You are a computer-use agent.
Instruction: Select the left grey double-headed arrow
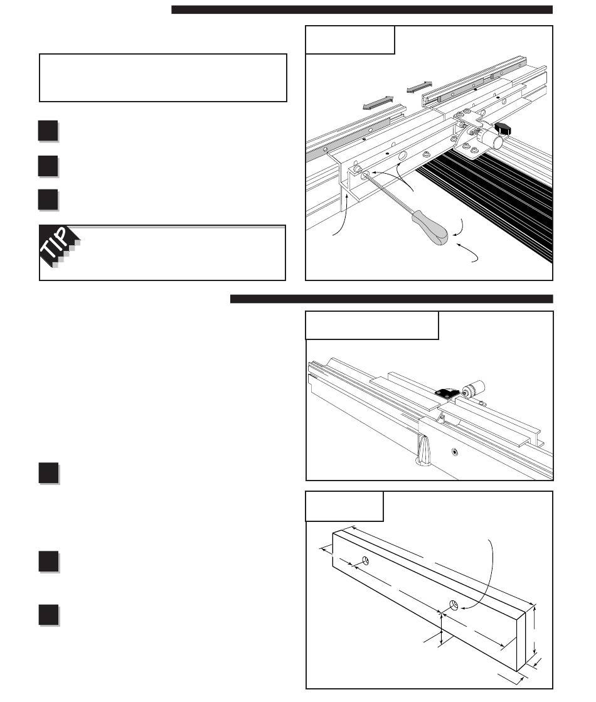coord(378,102)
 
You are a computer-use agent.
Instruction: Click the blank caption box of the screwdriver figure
coord(349,40)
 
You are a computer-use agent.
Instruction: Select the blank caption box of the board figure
coord(344,506)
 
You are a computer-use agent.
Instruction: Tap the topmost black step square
coord(48,131)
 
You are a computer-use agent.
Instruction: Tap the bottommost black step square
coord(48,615)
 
